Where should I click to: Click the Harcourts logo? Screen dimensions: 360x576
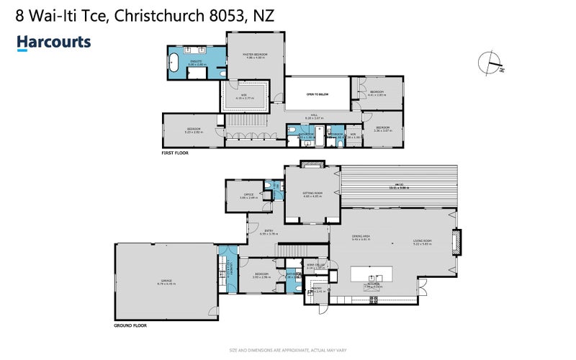[x=54, y=42]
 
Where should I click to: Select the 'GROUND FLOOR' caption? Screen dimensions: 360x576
[x=132, y=325]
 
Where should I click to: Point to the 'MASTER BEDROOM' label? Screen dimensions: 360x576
[x=255, y=55]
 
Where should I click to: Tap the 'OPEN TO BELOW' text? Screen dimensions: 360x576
[x=317, y=94]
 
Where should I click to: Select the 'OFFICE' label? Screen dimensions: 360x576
[x=248, y=194]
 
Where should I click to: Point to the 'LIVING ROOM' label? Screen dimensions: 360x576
[x=421, y=240]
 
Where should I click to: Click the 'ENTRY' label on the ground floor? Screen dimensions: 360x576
[x=266, y=230]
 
